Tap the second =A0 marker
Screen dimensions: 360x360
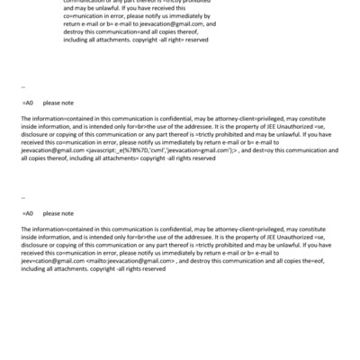click(27, 213)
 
